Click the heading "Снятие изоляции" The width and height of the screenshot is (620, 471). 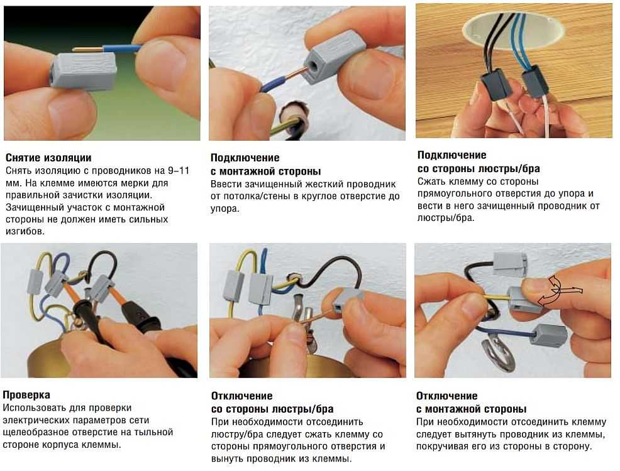click(48, 158)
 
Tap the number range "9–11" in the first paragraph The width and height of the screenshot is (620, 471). click(179, 171)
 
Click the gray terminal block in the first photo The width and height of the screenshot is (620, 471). click(84, 71)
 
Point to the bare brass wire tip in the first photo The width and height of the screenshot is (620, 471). click(87, 50)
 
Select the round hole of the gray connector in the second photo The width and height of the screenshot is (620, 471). click(314, 65)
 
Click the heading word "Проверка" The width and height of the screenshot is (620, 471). click(26, 395)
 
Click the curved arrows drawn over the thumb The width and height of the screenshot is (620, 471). click(558, 291)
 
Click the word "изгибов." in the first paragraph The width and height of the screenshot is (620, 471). click(25, 231)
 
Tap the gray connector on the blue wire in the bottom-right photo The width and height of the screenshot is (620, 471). click(547, 335)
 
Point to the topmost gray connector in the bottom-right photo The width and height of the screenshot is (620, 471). click(511, 263)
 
